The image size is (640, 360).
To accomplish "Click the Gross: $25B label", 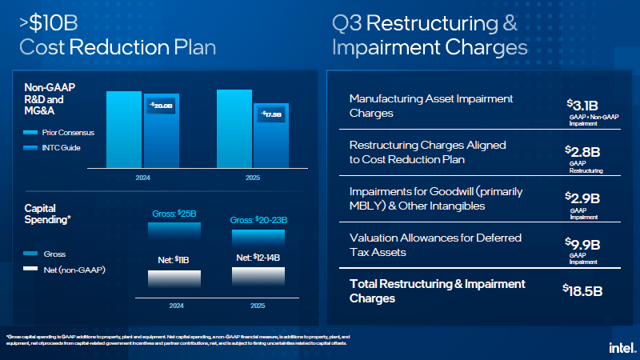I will (174, 214).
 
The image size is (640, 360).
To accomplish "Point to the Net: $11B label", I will (174, 260).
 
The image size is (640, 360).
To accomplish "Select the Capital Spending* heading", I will (49, 214).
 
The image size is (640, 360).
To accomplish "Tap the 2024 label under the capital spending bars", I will (174, 305).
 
